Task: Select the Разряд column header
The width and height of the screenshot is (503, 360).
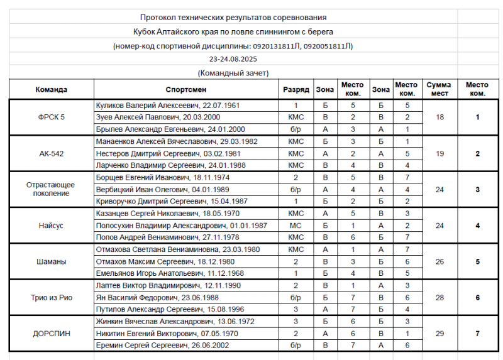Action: tap(296, 89)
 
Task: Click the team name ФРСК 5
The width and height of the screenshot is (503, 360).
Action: tap(52, 117)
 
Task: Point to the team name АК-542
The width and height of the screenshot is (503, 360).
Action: tap(52, 153)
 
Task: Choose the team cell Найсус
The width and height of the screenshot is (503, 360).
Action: tap(52, 226)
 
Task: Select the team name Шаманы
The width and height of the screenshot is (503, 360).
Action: tap(52, 261)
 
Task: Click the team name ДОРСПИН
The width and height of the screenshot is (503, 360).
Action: tap(52, 334)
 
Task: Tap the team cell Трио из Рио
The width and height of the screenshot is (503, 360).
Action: tap(52, 298)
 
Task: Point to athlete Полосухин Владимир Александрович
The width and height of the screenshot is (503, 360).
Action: tap(181, 226)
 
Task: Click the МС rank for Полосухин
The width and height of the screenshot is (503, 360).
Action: tap(296, 226)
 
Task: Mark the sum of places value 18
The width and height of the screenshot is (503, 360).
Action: tap(439, 117)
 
